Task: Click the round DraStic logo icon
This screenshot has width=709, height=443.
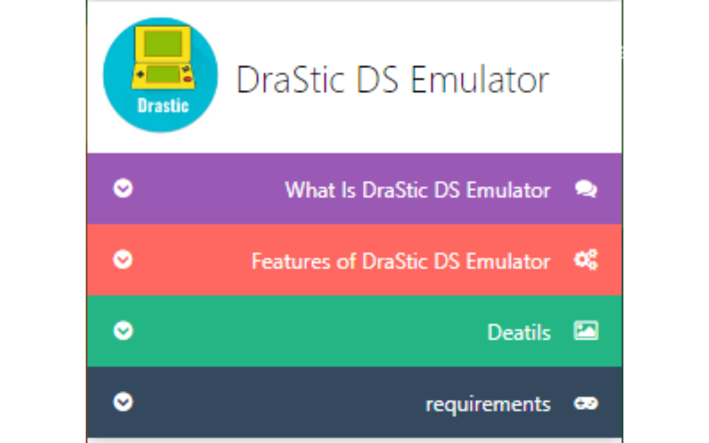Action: [x=161, y=75]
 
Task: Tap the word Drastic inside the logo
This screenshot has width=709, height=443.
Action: [x=163, y=105]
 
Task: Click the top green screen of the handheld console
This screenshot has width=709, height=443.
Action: [x=163, y=44]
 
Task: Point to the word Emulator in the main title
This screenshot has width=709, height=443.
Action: [x=480, y=80]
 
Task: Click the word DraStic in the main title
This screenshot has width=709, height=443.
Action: [x=290, y=80]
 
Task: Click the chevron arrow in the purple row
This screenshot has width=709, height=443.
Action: [x=123, y=189]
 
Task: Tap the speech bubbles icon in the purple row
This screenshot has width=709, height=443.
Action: [x=585, y=189]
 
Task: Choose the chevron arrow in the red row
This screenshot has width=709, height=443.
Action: [x=123, y=259]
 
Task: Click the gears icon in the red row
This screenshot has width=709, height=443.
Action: [x=585, y=260]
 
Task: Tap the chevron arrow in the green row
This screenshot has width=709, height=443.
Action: [x=123, y=331]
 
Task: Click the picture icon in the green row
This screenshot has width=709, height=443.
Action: [x=585, y=331]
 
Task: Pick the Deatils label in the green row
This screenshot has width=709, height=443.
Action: [x=519, y=332]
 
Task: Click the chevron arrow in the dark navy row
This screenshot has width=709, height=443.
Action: [x=123, y=401]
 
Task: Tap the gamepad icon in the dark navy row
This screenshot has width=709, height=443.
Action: [x=585, y=403]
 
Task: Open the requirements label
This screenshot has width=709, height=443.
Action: [x=488, y=404]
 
